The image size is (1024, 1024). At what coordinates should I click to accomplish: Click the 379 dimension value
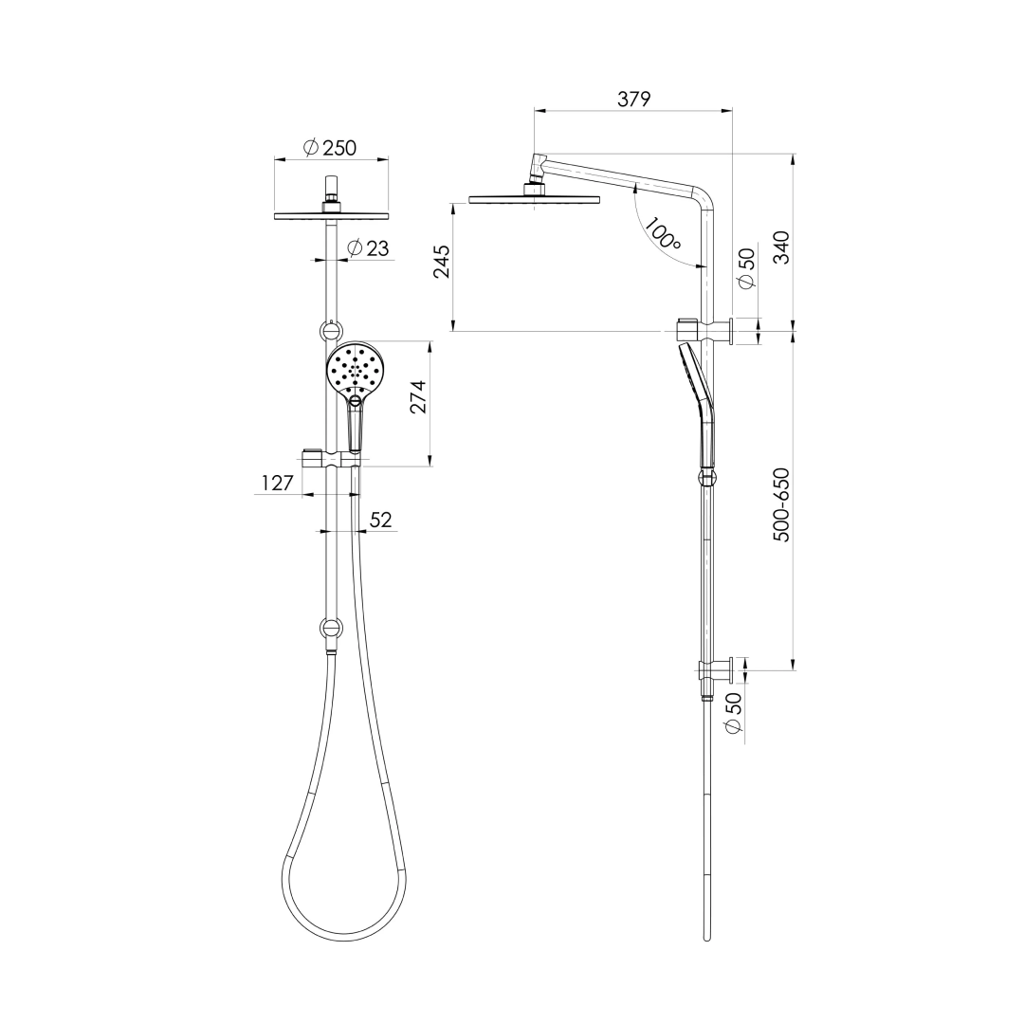[x=633, y=99]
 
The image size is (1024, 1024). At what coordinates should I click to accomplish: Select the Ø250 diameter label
[x=329, y=148]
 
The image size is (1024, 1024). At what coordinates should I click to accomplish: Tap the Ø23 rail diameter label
[x=368, y=248]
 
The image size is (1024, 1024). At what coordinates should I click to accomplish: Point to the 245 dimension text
[x=442, y=261]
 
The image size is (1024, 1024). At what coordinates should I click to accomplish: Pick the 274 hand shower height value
[x=417, y=396]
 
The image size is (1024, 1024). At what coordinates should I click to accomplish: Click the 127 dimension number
[x=277, y=484]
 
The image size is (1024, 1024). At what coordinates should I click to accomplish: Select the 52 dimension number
[x=380, y=520]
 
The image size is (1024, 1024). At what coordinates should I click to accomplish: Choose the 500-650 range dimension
[x=781, y=504]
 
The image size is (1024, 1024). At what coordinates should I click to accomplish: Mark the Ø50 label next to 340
[x=746, y=268]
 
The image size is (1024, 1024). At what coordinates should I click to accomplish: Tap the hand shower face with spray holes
[x=355, y=370]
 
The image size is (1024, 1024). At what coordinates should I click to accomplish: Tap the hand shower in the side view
[x=697, y=398]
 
